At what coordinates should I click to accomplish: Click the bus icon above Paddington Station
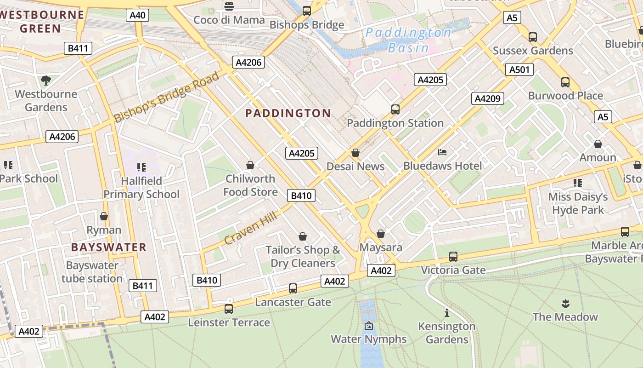(395, 109)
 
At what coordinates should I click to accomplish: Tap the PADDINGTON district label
(288, 113)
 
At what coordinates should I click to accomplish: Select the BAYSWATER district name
(109, 247)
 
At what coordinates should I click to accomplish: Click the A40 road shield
(137, 15)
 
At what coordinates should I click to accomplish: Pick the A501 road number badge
(519, 69)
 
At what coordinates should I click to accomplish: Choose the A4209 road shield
(487, 98)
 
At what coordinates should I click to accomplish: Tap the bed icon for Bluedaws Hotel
(442, 152)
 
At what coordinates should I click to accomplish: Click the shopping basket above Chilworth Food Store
(250, 165)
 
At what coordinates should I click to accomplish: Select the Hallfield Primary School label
(141, 188)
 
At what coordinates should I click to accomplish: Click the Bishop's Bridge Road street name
(167, 97)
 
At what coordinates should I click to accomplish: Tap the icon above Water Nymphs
(369, 326)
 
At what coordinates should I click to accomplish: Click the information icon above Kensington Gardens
(446, 313)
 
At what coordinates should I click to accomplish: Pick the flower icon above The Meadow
(565, 303)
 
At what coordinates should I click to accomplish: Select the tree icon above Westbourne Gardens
(45, 81)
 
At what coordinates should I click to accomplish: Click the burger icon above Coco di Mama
(229, 6)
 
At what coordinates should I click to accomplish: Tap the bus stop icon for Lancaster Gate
(293, 288)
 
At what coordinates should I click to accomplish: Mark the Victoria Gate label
(453, 270)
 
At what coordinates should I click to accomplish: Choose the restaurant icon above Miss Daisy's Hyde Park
(577, 183)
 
